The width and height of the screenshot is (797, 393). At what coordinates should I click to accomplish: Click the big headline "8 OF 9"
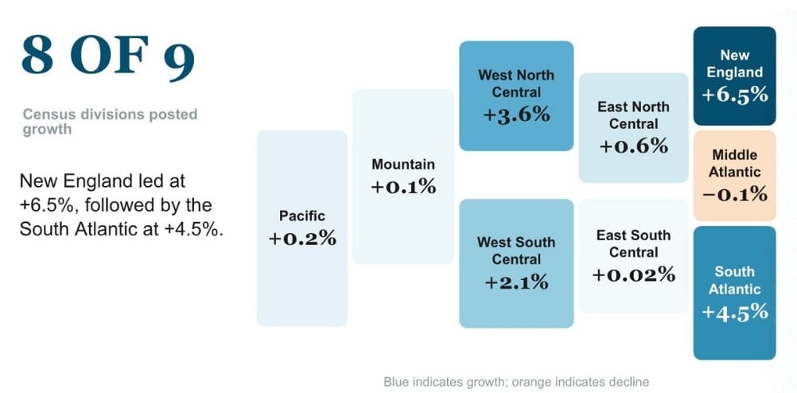107,58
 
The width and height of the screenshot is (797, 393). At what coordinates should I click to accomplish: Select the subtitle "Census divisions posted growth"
110,122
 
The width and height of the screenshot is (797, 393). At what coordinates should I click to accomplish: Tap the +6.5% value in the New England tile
734,95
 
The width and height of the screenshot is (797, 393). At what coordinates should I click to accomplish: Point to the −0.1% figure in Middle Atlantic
734,193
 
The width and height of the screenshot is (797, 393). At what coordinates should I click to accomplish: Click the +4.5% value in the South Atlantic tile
734,312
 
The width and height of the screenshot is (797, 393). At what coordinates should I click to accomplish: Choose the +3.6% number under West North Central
516,115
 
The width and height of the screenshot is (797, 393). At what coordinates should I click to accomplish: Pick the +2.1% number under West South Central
516,281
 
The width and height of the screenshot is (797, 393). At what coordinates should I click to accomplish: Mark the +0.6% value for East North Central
633,146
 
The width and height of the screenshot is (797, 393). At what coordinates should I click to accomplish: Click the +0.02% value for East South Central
633,274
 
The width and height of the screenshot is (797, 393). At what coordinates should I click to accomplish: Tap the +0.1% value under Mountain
403,187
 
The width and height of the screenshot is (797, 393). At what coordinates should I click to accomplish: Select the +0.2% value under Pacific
302,239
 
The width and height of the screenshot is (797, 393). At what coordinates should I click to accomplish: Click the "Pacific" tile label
302,216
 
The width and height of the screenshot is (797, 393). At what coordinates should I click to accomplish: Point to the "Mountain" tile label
403,165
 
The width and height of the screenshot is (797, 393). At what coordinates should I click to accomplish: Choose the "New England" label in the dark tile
734,64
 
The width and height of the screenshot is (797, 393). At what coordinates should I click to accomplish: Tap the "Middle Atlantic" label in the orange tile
734,163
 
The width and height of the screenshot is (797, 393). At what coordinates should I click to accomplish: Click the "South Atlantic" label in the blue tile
734,281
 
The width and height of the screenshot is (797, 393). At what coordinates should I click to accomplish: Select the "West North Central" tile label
516,84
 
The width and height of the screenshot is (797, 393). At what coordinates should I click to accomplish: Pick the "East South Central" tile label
633,243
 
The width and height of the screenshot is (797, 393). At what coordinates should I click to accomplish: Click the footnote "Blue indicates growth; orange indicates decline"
516,381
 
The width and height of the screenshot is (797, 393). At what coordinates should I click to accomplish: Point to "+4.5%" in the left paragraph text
193,230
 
